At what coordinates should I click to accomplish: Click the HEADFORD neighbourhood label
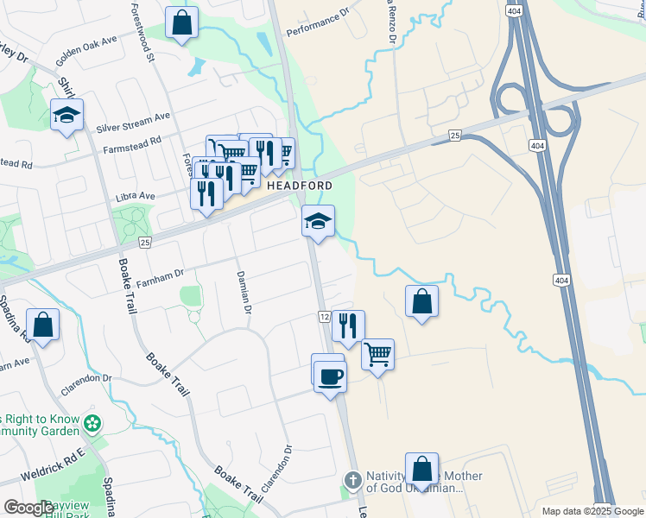coord(300,186)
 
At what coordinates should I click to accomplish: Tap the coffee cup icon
coord(330,376)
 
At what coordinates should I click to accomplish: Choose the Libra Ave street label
coord(136,197)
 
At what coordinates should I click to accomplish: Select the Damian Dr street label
coord(244,293)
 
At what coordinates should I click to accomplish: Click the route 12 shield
coord(324,318)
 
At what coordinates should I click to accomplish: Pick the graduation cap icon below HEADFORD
coord(318,222)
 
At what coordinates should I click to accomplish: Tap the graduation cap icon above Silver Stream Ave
coord(66,114)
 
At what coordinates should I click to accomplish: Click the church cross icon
coord(352,480)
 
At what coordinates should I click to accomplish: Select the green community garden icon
coord(93,424)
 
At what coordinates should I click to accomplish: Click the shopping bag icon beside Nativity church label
coord(421,470)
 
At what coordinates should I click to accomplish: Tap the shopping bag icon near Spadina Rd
coord(42,325)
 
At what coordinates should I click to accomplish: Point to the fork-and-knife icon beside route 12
coord(348,325)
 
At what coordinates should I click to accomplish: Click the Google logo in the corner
coord(28,508)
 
